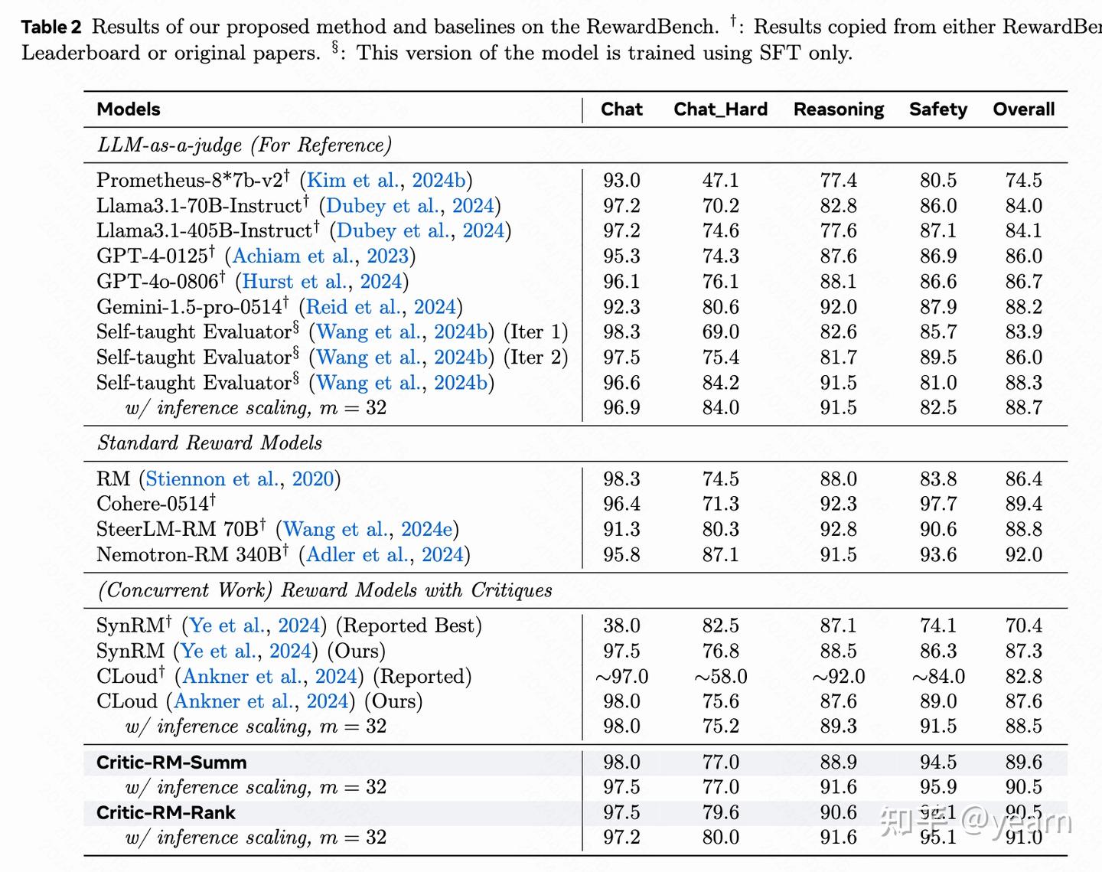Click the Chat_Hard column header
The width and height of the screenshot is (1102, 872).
tap(720, 109)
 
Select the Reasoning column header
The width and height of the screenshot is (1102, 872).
tap(838, 109)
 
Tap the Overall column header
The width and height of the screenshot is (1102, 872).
tap(1023, 109)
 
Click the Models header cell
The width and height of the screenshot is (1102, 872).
tap(129, 109)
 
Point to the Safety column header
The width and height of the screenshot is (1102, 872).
tap(937, 109)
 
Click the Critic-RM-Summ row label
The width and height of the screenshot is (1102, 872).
tap(171, 763)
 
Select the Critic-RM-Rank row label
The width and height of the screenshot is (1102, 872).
tap(166, 813)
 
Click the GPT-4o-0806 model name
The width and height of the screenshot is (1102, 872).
tap(158, 282)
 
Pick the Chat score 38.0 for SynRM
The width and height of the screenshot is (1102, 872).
tap(621, 626)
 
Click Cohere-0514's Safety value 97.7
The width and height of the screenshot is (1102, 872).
tap(937, 504)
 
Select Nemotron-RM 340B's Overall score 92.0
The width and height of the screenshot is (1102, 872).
tap(1023, 554)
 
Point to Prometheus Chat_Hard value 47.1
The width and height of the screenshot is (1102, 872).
tap(720, 181)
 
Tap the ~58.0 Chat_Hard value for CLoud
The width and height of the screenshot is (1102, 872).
tap(720, 677)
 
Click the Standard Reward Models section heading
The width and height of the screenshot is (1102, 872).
tap(210, 443)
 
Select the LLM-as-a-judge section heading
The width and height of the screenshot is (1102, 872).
tap(244, 145)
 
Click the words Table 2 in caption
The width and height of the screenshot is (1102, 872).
tap(51, 28)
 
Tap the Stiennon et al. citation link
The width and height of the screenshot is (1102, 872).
tap(211, 479)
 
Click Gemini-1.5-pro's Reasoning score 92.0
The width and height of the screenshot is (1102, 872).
tap(838, 307)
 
